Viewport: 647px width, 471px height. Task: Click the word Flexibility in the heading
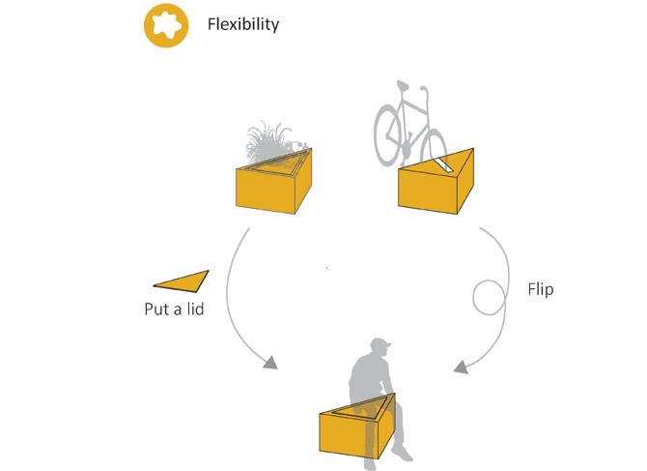[242, 24]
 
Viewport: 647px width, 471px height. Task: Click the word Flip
[541, 289]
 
